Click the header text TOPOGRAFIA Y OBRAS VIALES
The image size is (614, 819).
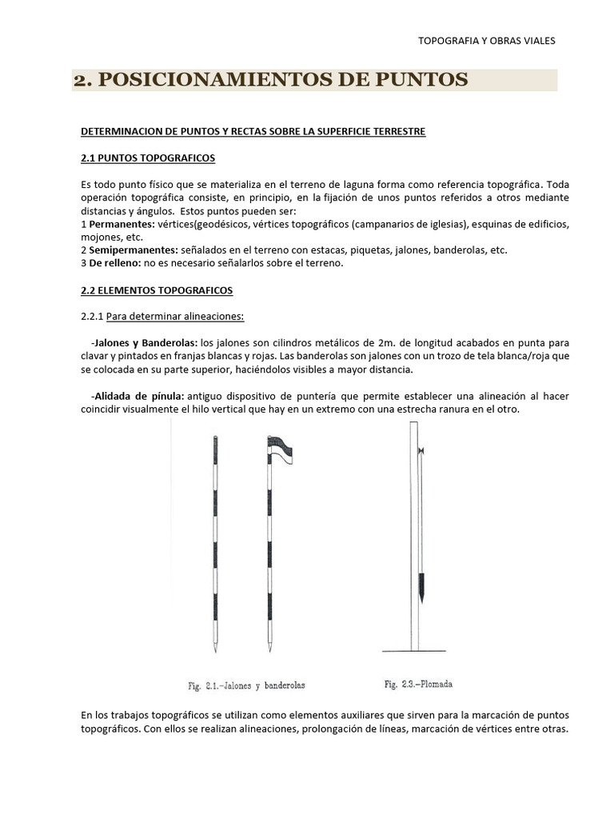click(487, 40)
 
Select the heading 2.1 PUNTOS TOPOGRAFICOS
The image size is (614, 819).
click(149, 158)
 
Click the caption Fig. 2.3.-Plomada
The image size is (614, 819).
click(417, 684)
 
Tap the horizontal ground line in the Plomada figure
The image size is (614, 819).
click(416, 650)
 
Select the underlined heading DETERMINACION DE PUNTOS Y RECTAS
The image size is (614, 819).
click(254, 131)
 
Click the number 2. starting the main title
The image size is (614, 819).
click(83, 80)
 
